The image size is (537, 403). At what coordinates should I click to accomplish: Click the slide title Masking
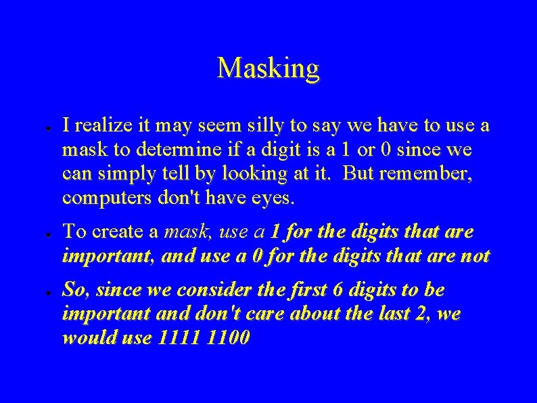click(268, 68)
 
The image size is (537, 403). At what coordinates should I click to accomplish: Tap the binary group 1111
click(176, 338)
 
